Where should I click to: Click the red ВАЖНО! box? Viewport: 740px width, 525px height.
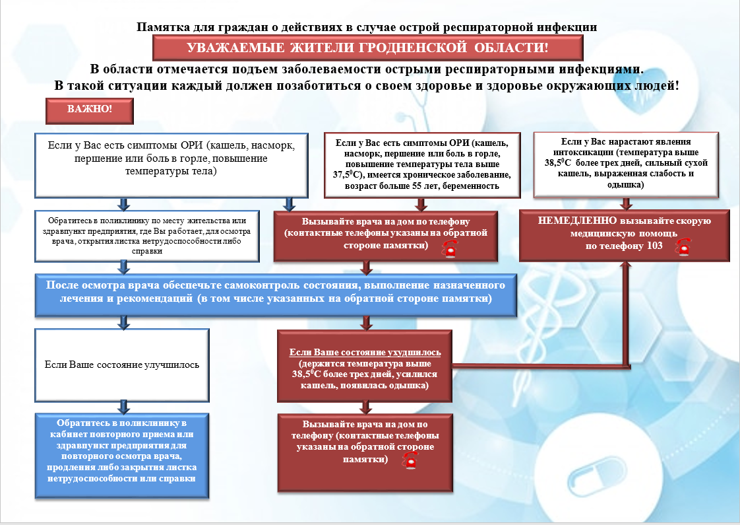[x=90, y=111]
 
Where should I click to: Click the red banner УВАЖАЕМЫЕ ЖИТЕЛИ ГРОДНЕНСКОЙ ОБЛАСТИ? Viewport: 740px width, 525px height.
[x=367, y=48]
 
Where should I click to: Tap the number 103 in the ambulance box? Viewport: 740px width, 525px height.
[x=654, y=246]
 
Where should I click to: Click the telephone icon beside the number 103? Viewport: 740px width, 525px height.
[x=683, y=247]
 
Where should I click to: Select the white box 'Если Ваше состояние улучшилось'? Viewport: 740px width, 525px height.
[x=122, y=365]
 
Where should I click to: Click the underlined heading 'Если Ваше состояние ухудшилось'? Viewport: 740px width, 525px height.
[x=365, y=353]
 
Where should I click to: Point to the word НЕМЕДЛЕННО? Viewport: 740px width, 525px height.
[x=576, y=221]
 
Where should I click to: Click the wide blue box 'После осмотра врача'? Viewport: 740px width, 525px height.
[x=276, y=295]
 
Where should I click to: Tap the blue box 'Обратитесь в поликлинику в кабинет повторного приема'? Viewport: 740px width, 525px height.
[x=122, y=456]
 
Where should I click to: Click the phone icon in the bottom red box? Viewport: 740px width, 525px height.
[x=410, y=460]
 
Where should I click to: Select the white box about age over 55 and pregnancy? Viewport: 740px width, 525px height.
[x=422, y=165]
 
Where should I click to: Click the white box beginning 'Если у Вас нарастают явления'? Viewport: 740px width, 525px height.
[x=626, y=164]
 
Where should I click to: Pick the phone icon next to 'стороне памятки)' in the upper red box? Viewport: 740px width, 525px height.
[x=450, y=248]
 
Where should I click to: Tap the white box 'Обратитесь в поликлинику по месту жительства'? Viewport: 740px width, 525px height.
[x=147, y=236]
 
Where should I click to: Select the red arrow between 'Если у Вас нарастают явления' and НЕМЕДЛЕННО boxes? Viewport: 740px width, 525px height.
[x=627, y=203]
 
